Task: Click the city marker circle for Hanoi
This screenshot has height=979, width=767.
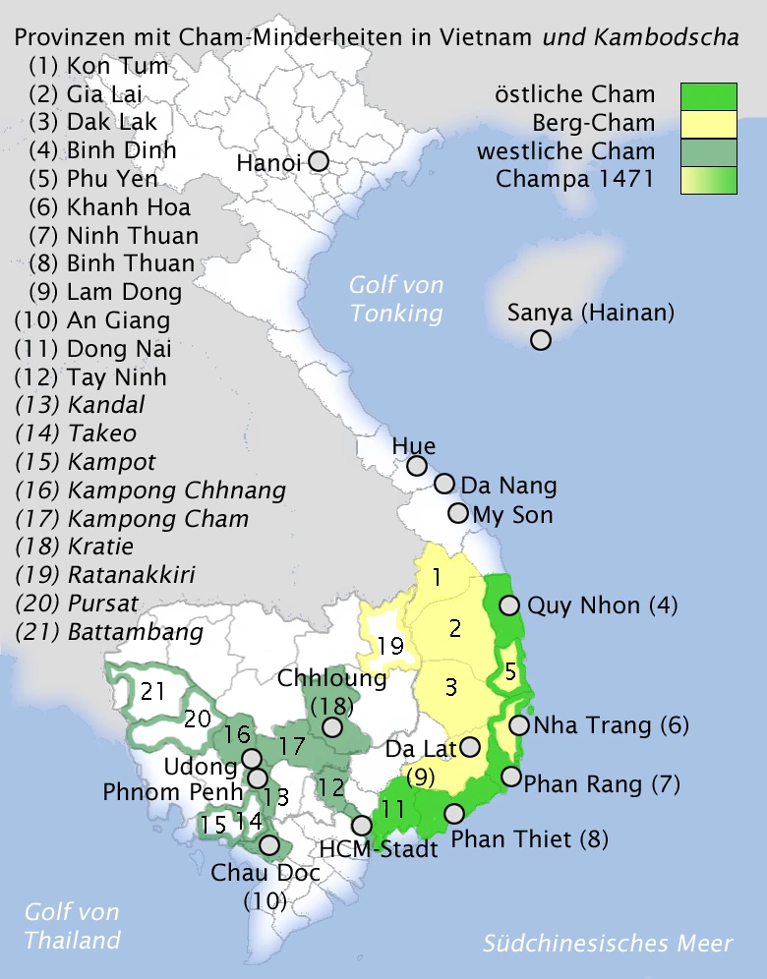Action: [319, 161]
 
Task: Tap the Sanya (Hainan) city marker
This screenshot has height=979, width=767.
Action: [540, 340]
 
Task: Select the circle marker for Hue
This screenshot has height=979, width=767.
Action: [417, 466]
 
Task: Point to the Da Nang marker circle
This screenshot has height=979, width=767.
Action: [444, 484]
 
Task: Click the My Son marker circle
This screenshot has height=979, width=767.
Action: [458, 513]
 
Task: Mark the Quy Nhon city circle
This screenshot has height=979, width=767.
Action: [509, 605]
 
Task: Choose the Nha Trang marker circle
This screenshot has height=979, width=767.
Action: [519, 725]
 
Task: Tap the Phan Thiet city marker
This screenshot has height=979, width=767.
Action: [454, 814]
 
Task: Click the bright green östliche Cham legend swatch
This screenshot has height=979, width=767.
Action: [708, 95]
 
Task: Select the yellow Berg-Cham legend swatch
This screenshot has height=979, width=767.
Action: [708, 124]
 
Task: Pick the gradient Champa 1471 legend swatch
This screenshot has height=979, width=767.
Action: [708, 180]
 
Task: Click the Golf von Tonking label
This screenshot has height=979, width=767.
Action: [396, 300]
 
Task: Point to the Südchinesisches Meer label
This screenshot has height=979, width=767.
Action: [607, 944]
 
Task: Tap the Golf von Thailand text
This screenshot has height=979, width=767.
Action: [72, 926]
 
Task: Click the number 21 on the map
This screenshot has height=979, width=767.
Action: [152, 692]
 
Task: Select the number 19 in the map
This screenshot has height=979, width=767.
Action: [390, 647]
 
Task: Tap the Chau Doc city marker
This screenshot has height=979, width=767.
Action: [268, 845]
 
